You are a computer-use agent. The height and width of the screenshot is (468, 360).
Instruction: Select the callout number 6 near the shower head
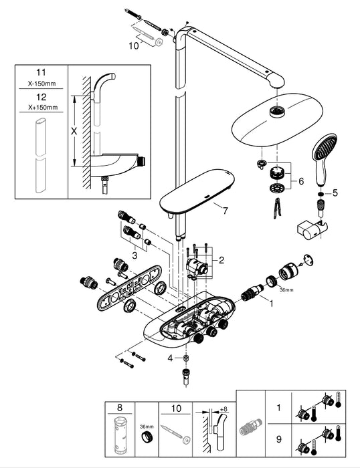click(301, 181)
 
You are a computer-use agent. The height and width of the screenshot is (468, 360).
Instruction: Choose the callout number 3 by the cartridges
click(134, 255)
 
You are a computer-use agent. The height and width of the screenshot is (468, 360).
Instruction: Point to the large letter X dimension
click(74, 131)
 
